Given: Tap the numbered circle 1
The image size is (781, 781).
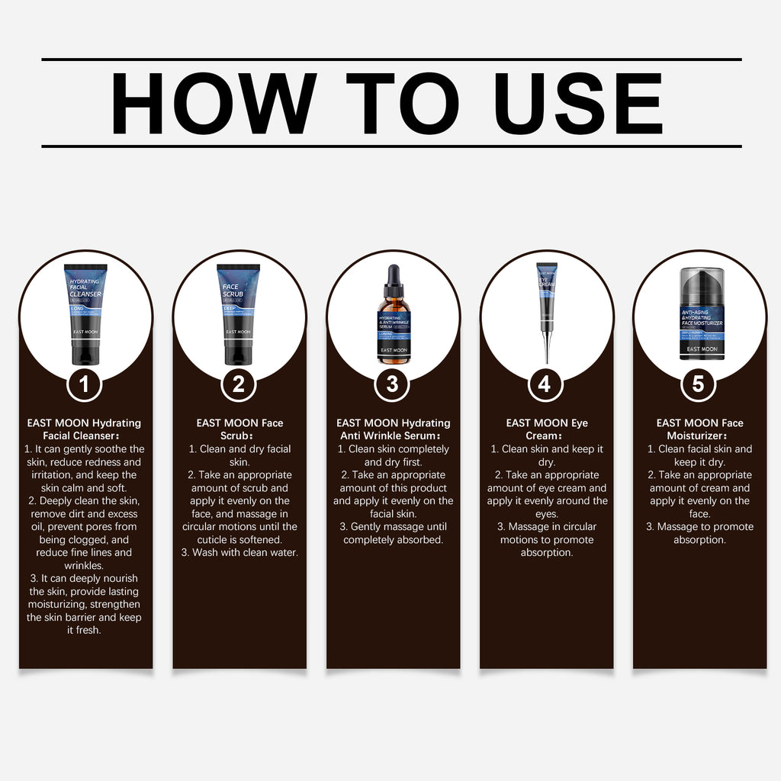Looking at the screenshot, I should [85, 384].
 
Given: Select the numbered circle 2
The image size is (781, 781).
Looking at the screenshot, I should [238, 384].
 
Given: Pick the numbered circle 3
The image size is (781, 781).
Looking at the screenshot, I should [392, 384].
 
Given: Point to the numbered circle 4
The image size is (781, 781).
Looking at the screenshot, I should [545, 384].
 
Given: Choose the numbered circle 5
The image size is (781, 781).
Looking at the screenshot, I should [698, 384].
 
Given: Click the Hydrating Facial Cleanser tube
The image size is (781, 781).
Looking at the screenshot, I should [85, 313].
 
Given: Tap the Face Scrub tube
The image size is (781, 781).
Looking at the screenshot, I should [238, 313].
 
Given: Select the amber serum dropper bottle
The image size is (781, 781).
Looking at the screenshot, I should [394, 328].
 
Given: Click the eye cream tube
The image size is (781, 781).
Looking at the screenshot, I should [546, 297].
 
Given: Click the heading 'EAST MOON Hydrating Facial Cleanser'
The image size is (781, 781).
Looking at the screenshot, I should [84, 429].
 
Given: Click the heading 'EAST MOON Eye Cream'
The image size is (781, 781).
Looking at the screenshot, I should [547, 429].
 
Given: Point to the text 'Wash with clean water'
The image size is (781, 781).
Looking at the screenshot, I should [239, 552].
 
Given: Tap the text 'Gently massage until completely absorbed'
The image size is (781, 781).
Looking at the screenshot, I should [394, 533].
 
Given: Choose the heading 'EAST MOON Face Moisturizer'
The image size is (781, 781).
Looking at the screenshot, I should [699, 429].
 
